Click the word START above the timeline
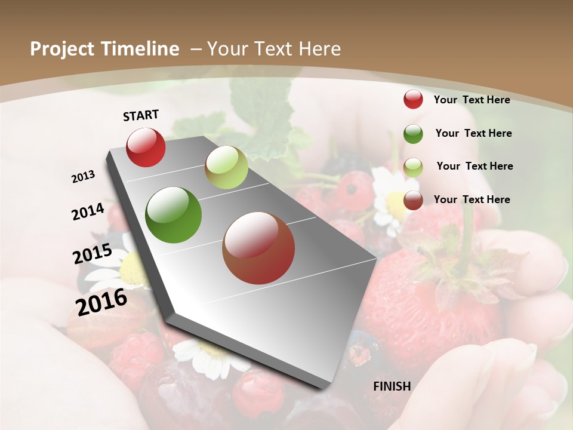pos(141,115)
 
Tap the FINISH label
pos(392,386)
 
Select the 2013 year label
pos(83,177)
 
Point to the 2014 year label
pos(88,212)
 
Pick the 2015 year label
pos(93,254)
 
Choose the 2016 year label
pos(101,302)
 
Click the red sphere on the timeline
pos(146,148)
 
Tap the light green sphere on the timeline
pos(226,167)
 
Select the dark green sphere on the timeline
pos(174,215)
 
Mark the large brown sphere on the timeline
pos(258,248)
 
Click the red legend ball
pos(413,100)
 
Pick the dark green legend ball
pos(413,134)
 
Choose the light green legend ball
pos(413,167)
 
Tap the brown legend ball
pos(413,200)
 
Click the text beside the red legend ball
pos(472,100)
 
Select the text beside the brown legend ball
pos(472,199)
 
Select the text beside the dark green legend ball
pos(473,133)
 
